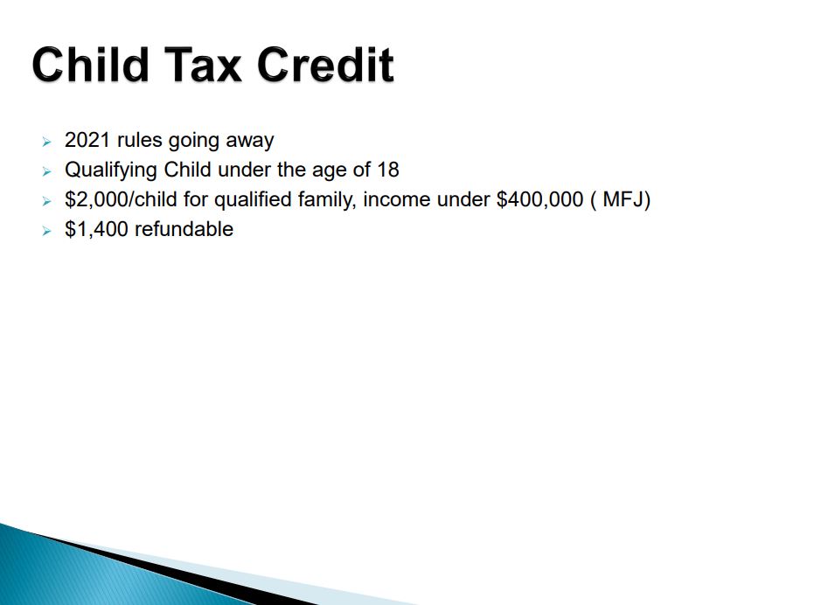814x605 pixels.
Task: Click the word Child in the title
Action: pos(90,65)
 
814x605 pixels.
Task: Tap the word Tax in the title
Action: pos(203,65)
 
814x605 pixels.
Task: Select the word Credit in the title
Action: pos(325,65)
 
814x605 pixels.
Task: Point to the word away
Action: pos(250,142)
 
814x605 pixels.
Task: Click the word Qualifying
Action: pos(111,170)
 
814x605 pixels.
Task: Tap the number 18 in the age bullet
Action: pos(388,170)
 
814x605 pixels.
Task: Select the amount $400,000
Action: pos(540,200)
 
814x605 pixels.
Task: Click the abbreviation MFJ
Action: pos(623,199)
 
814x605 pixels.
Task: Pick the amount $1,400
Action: pos(96,230)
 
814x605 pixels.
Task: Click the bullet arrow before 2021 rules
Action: pos(46,142)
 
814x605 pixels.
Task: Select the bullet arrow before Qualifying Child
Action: pos(46,171)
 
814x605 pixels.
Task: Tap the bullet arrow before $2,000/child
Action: pos(46,201)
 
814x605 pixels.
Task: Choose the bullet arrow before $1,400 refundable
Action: pos(46,231)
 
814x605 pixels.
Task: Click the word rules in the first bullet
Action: pos(140,140)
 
